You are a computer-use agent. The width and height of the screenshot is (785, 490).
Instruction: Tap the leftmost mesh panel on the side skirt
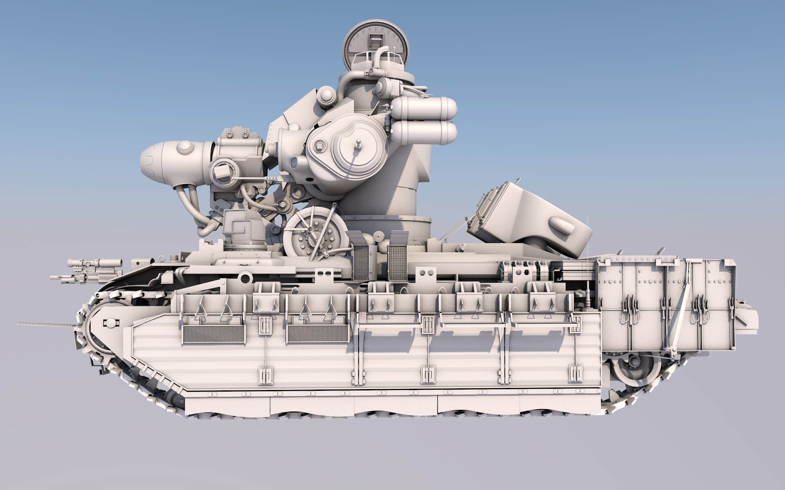click(x=213, y=334)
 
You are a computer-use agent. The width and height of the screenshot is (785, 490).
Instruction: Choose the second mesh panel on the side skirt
click(x=317, y=334)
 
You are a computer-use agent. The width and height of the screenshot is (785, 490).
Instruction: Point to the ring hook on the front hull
click(x=246, y=279)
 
